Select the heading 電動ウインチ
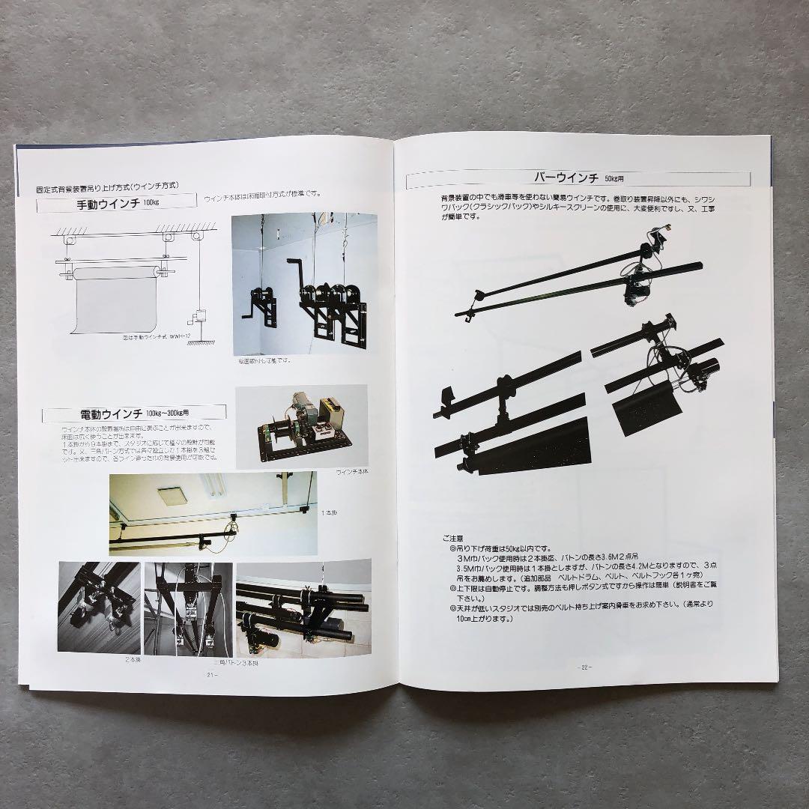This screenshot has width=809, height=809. click(106, 413)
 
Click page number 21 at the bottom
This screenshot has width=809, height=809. click(211, 675)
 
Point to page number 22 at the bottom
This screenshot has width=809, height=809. click(584, 667)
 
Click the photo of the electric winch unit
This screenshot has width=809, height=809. click(301, 427)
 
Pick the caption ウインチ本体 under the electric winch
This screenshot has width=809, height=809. click(352, 472)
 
